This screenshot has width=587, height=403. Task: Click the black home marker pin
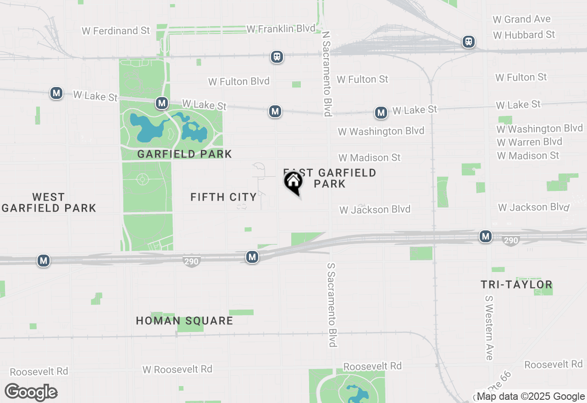point(293,183)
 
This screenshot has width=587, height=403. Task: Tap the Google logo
point(31,392)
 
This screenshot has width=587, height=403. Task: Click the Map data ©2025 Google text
point(531,397)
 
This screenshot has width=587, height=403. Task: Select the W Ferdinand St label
point(116,31)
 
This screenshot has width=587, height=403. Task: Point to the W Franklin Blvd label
point(281,29)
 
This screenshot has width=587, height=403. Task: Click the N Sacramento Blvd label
point(327,73)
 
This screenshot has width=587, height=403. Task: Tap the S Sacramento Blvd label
point(333,305)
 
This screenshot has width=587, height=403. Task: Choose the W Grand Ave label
point(521,19)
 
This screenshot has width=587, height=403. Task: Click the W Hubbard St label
point(524,35)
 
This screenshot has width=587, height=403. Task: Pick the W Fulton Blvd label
point(239,82)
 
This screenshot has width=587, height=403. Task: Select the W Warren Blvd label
point(529,142)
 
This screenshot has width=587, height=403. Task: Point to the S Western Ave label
point(489,327)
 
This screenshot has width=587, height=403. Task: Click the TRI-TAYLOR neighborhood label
point(516,284)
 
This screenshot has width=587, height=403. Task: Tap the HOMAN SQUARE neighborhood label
point(184,321)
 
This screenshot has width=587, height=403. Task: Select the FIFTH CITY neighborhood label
point(223,197)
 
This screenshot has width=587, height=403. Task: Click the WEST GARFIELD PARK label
point(48,202)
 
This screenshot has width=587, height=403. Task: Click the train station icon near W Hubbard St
point(468,42)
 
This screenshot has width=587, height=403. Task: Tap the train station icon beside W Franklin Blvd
point(277,57)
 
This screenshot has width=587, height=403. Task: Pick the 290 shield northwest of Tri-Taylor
point(510,240)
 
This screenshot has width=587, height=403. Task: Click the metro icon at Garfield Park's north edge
point(161,103)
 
